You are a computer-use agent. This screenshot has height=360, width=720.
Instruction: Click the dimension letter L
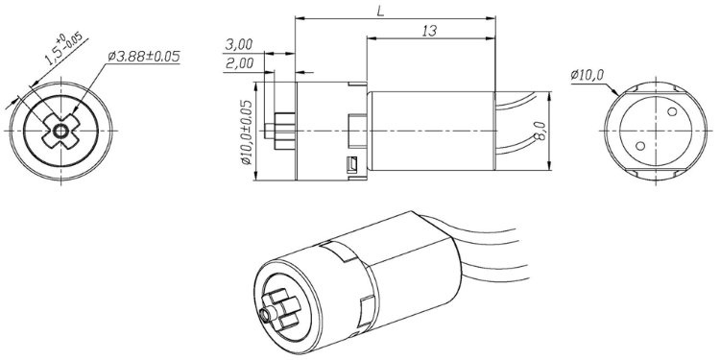point(380,12)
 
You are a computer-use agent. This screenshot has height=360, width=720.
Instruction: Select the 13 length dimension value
point(429,31)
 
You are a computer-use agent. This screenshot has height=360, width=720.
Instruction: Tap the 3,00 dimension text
point(239,44)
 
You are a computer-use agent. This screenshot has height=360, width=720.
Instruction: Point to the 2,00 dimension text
point(239,63)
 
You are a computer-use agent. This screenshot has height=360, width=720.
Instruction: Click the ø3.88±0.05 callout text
point(144,57)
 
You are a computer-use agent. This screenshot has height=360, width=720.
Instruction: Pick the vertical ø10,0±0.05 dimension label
point(246,132)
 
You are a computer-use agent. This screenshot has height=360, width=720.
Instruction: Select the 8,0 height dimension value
point(541,131)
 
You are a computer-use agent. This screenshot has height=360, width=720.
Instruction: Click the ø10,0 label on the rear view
point(588,75)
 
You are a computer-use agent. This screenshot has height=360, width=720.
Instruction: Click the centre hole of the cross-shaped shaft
point(60,132)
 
